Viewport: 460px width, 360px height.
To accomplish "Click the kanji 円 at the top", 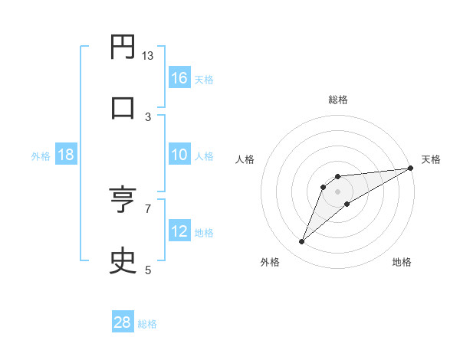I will coord(122,48).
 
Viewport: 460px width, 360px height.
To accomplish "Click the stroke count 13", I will coord(148,56).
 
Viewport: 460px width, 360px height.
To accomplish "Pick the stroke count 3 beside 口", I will coord(148,116).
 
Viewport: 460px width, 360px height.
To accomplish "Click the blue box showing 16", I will coord(179,78).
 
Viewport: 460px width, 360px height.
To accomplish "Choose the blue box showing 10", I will coord(179,155).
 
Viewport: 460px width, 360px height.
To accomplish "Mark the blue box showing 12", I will coord(179,231).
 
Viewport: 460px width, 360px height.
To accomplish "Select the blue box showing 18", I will coord(66,155).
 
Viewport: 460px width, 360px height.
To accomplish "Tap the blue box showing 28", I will coord(123,322).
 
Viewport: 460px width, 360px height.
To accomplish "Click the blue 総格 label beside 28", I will coord(147,324).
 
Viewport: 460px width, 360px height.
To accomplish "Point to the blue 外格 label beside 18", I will coord(41,156).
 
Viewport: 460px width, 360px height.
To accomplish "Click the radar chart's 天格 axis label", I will coord(431,159).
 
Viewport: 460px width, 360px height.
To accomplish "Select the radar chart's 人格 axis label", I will coord(245,159).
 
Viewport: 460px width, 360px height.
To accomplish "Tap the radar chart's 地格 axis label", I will coord(402,263).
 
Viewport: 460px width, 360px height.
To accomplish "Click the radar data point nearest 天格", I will coord(410,168).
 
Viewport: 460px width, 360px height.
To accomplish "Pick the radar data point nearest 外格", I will coord(301,242).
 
